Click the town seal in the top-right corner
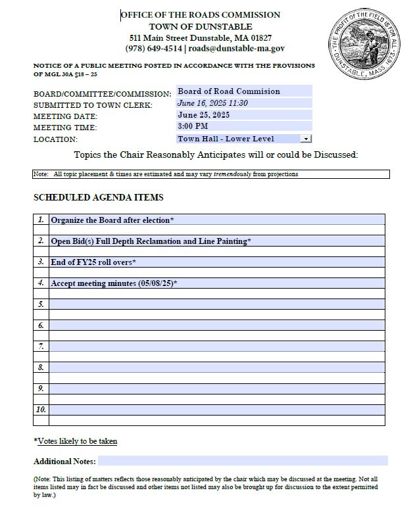[x=364, y=44]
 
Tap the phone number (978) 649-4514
[x=154, y=49]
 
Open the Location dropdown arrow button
[x=306, y=139]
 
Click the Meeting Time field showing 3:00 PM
[x=193, y=126]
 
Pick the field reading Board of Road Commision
[x=228, y=91]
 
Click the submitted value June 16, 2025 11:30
[x=212, y=103]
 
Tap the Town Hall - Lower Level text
[x=226, y=139]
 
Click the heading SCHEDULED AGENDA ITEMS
[x=98, y=197]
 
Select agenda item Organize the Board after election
[x=112, y=220]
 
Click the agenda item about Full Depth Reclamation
[x=151, y=241]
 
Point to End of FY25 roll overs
[x=93, y=262]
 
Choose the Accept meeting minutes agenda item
[x=114, y=283]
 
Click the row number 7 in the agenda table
[x=41, y=346]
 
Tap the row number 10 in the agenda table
[x=41, y=410]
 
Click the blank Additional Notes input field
[x=242, y=461]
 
